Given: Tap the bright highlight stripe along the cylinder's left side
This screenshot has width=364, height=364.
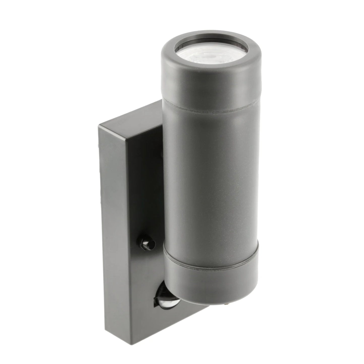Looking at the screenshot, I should (171, 176).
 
